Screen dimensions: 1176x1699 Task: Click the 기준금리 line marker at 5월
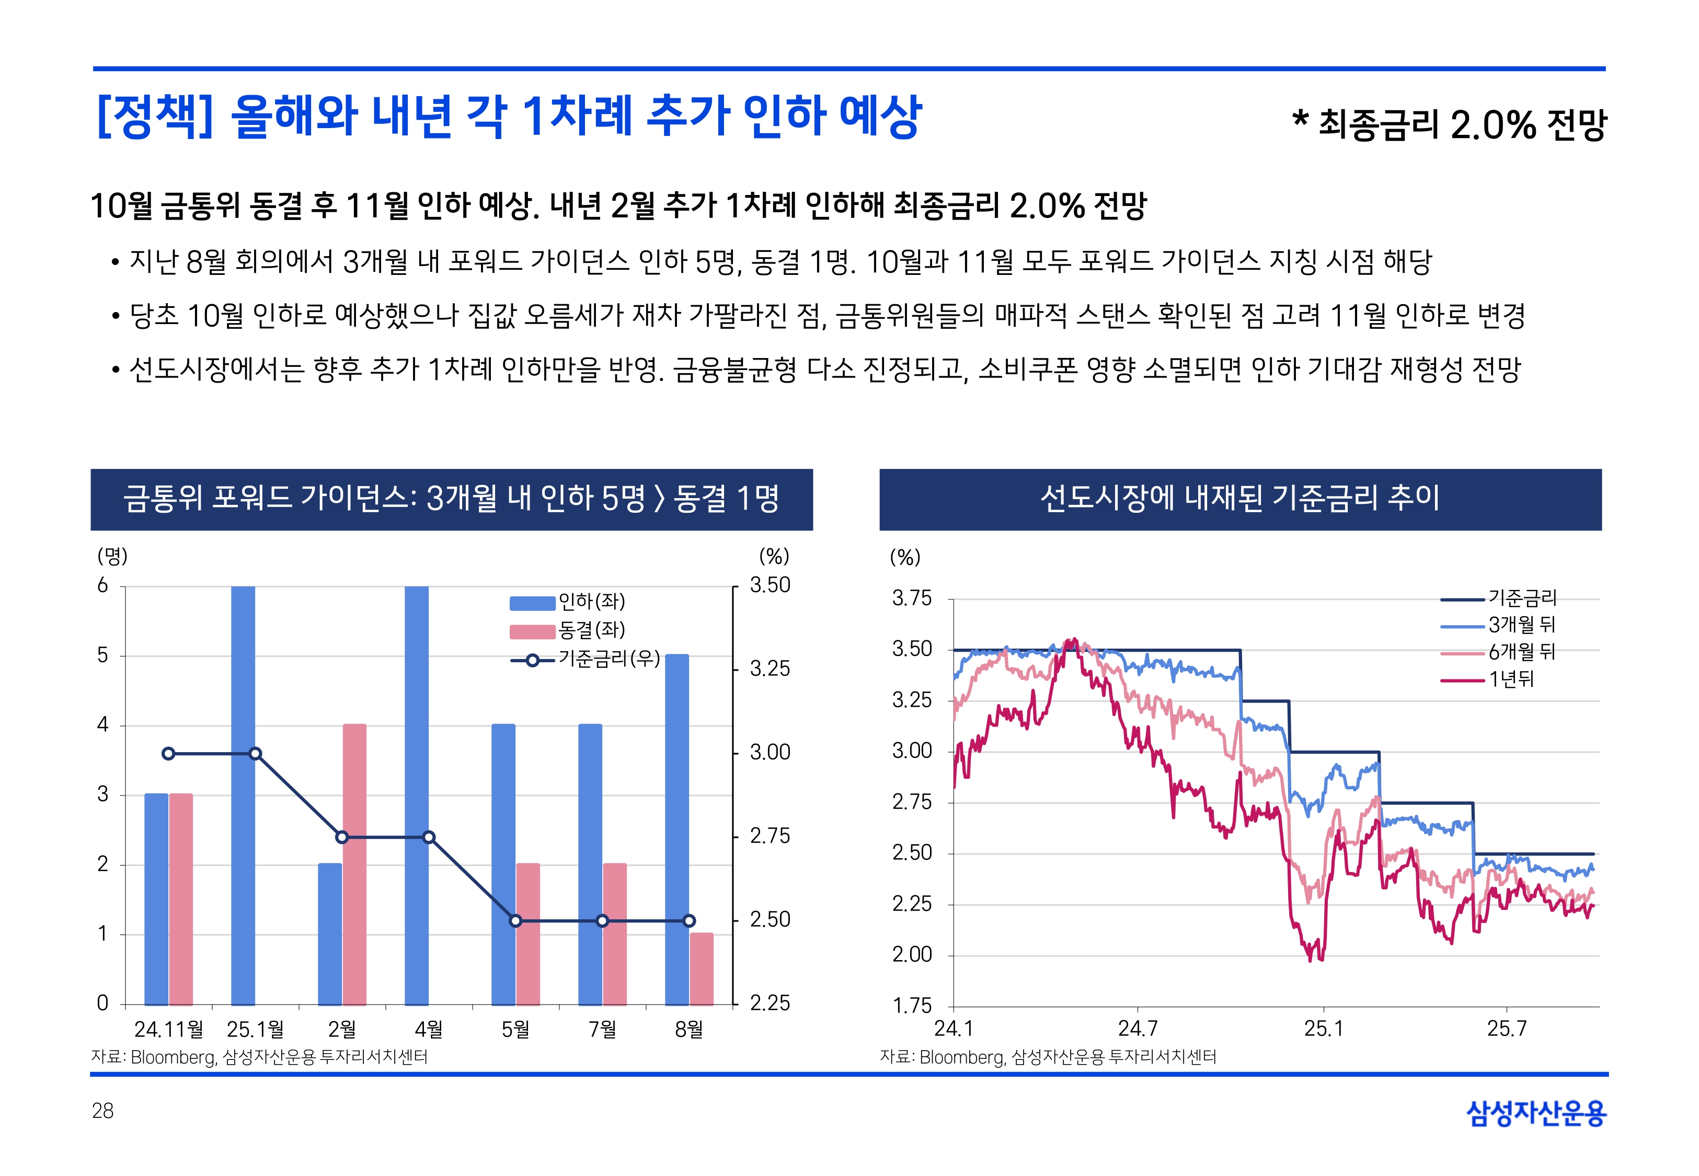[516, 921]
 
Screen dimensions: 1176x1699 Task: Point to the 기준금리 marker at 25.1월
[255, 754]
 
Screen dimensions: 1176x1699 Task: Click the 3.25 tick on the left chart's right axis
[769, 669]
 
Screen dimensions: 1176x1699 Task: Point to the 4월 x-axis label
[429, 1029]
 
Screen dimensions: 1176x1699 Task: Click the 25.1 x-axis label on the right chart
[1323, 1029]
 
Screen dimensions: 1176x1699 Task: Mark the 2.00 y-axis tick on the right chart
[912, 955]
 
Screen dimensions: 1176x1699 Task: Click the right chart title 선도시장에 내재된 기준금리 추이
[1240, 499]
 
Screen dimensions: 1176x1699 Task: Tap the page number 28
[103, 1111]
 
